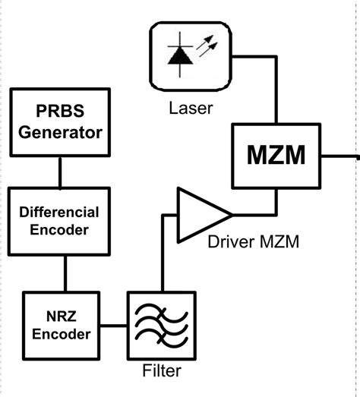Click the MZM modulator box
point(276,156)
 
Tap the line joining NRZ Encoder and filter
point(115,326)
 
